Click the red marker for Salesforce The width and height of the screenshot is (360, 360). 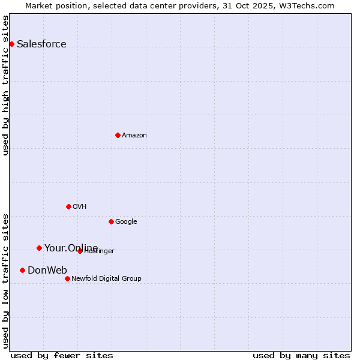pos(11,44)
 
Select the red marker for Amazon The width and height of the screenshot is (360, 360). pos(118,135)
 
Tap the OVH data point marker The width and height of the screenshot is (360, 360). pos(68,206)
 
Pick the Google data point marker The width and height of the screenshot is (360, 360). pos(111,221)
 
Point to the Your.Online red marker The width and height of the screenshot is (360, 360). pos(39,248)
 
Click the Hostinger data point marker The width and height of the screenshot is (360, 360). pos(80,251)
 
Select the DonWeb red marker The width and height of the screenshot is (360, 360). pos(22,270)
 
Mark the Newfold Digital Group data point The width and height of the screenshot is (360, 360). pos(67,278)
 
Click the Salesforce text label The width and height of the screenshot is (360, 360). pos(41,44)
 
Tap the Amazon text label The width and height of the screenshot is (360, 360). pos(134,135)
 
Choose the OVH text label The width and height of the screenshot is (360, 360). pos(80,206)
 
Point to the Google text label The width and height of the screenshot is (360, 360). pos(126,221)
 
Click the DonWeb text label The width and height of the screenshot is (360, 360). pos(47,270)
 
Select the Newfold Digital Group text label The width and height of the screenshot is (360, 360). pos(106,278)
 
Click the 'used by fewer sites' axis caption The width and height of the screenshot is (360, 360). pos(62,355)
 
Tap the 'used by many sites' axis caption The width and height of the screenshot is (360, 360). pos(301,355)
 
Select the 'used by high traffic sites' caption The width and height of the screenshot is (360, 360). pos(5,85)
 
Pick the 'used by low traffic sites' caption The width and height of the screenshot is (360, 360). pos(5,280)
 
